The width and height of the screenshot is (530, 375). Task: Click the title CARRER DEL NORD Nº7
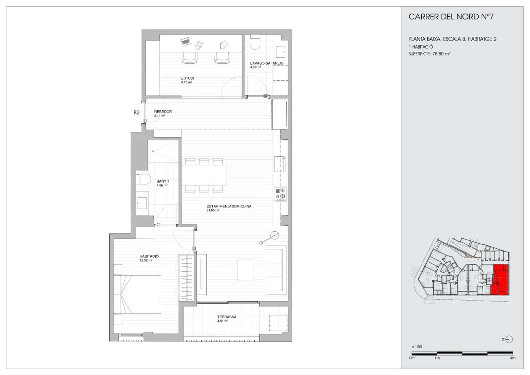click(x=451, y=17)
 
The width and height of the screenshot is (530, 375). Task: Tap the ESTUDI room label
click(x=187, y=78)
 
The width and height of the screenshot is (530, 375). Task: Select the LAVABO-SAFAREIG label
click(x=267, y=63)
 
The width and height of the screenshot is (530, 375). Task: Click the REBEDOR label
click(x=163, y=112)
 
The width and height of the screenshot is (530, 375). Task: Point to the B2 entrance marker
click(x=136, y=112)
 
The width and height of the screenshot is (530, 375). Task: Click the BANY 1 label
click(x=163, y=181)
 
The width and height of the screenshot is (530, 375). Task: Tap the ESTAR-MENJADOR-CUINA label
click(x=229, y=206)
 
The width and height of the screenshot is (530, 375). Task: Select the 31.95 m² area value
click(x=213, y=210)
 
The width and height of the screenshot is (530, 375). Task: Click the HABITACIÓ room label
click(x=149, y=256)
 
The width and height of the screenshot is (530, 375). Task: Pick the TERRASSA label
click(x=227, y=317)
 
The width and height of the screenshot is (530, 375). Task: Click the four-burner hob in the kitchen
click(x=280, y=194)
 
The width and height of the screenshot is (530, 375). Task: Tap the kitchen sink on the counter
click(x=280, y=164)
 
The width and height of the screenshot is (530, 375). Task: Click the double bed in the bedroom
click(x=137, y=294)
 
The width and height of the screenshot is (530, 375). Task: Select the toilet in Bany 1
click(x=144, y=179)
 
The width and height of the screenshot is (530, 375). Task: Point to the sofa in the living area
click(x=275, y=270)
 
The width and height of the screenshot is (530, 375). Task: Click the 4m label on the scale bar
click(x=512, y=358)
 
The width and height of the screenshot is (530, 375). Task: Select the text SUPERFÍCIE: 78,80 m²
click(x=429, y=54)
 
